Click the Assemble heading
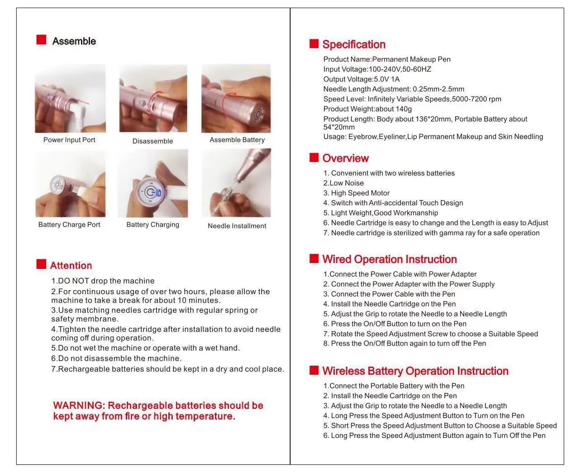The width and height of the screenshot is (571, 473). click(x=74, y=41)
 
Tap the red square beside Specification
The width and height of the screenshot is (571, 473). click(x=314, y=43)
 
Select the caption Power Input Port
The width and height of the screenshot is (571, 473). click(x=69, y=140)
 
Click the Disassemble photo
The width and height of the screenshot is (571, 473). click(x=153, y=99)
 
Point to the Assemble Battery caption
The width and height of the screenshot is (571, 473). click(x=237, y=140)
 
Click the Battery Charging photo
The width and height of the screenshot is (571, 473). click(x=153, y=184)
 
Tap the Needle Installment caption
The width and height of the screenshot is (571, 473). click(x=237, y=226)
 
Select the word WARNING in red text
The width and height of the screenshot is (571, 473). click(x=78, y=406)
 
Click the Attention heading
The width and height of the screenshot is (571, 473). click(x=71, y=266)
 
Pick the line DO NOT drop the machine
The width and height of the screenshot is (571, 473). click(x=103, y=281)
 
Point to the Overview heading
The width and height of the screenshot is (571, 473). click(x=345, y=158)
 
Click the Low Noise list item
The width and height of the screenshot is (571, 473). click(x=343, y=183)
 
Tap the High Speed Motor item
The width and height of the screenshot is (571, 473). click(x=356, y=193)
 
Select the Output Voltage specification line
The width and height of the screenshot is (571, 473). click(x=361, y=79)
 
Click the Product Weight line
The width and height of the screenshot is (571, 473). click(x=367, y=109)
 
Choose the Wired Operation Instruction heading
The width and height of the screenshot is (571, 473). click(x=389, y=259)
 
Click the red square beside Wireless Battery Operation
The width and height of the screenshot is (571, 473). click(x=314, y=370)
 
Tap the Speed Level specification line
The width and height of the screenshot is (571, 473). click(x=412, y=99)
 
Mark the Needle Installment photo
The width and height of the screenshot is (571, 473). click(x=236, y=183)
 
